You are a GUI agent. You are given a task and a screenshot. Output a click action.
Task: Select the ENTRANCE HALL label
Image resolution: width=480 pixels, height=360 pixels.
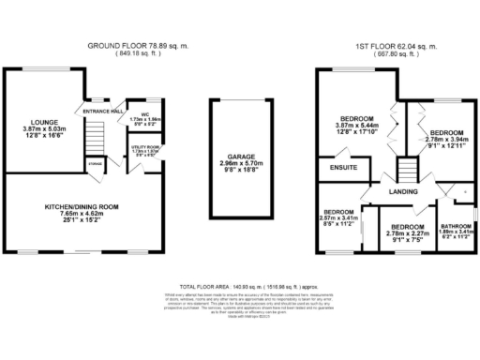pyautogui.click(x=103, y=111)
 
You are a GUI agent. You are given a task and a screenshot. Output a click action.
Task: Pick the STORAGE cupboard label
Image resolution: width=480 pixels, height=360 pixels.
pyautogui.click(x=96, y=164)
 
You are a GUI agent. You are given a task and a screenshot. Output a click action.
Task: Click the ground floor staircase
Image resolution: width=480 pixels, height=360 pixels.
pyautogui.click(x=92, y=142)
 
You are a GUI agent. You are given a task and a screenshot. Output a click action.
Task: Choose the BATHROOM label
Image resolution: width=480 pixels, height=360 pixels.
pyautogui.click(x=456, y=226)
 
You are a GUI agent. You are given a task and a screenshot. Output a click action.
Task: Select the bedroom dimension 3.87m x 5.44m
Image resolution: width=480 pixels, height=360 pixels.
pyautogui.click(x=362, y=126)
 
